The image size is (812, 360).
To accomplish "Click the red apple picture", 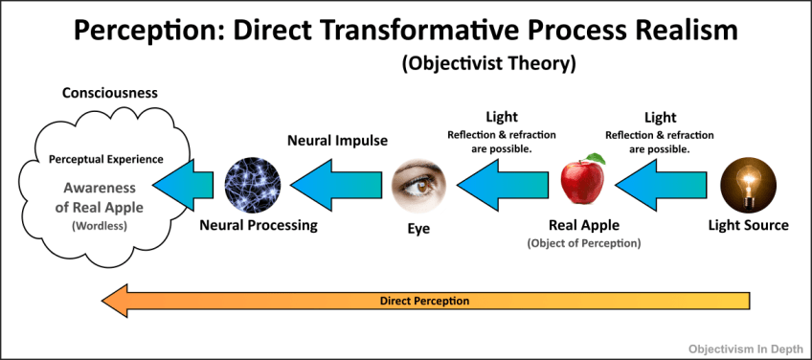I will click(x=584, y=182).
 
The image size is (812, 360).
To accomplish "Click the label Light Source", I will click(x=748, y=226).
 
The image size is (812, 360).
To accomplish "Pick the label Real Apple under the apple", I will click(x=584, y=226).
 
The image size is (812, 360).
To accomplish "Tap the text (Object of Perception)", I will click(x=584, y=244).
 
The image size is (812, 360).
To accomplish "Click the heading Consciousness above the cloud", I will click(x=110, y=93).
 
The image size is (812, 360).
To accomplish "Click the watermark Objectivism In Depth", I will click(x=745, y=349).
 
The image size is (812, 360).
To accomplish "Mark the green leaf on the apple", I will click(x=597, y=158).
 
